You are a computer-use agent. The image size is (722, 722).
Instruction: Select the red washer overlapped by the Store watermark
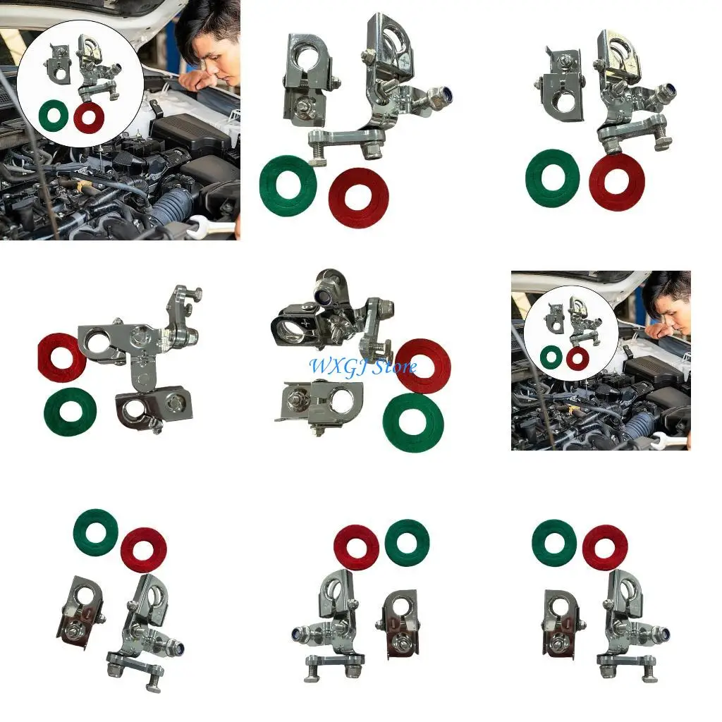(x=422, y=365)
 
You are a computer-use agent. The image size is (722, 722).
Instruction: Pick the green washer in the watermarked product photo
(x=413, y=422)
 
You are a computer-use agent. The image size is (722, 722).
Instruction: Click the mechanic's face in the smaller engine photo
(x=670, y=310)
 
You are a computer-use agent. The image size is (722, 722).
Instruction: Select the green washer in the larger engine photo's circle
(x=54, y=116)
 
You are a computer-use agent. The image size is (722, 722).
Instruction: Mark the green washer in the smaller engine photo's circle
(x=551, y=357)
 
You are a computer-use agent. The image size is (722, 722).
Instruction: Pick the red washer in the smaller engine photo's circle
(x=577, y=357)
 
